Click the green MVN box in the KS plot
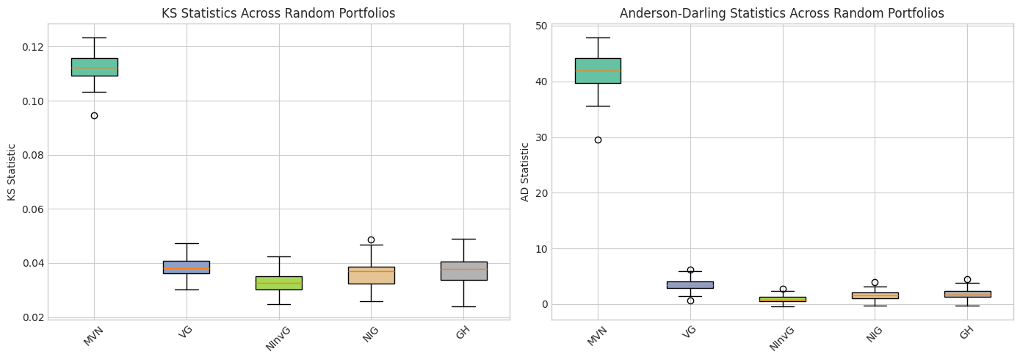click(94, 67)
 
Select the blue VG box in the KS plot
click(187, 267)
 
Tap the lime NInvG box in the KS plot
click(278, 283)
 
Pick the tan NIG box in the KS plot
click(371, 276)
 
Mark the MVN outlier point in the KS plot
click(94, 115)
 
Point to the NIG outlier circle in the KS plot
click(371, 240)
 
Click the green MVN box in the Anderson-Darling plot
click(598, 71)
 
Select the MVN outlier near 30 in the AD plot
click(598, 140)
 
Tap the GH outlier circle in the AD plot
click(967, 279)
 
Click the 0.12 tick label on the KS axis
click(32, 47)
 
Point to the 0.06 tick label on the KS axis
click(32, 209)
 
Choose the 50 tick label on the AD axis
click(540, 26)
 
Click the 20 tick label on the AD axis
click(540, 193)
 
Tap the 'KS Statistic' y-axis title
click(12, 172)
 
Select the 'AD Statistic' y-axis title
click(525, 172)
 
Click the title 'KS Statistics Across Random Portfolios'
click(278, 13)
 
